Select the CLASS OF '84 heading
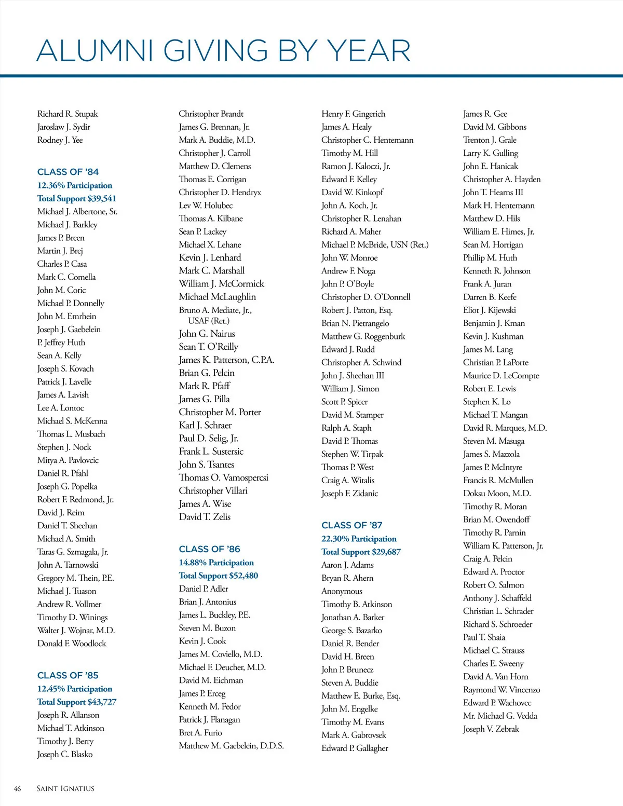(68, 172)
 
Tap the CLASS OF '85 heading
(68, 675)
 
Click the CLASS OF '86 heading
(209, 549)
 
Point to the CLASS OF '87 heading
(352, 525)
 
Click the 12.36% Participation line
(75, 185)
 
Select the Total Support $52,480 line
(219, 576)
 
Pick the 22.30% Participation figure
(359, 539)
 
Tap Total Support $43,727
(77, 702)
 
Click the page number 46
(17, 789)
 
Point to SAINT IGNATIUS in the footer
(65, 789)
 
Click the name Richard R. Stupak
(67, 114)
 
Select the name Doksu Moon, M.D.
(497, 493)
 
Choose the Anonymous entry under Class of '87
(342, 591)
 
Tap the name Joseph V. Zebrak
(491, 729)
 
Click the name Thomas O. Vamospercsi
(223, 477)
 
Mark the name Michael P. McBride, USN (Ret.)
(375, 244)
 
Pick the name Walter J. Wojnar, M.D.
(76, 630)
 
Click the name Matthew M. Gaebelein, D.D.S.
(231, 746)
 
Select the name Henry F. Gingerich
(353, 114)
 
